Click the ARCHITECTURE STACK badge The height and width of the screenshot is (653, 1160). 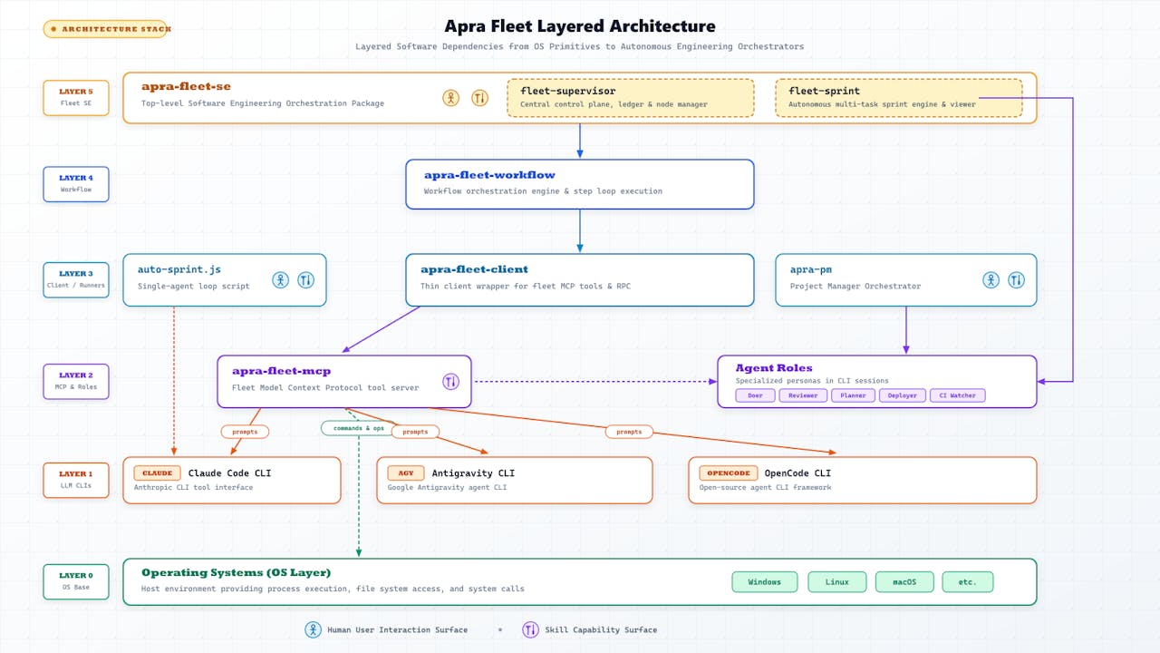pyautogui.click(x=107, y=29)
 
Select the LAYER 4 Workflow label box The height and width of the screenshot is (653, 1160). pyautogui.click(x=76, y=184)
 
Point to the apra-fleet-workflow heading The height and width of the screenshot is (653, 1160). pyautogui.click(x=489, y=175)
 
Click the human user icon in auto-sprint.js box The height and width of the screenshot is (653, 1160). pyautogui.click(x=281, y=280)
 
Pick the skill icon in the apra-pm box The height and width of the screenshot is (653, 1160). pyautogui.click(x=1016, y=280)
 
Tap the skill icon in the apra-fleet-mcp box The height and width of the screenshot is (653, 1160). pyautogui.click(x=450, y=382)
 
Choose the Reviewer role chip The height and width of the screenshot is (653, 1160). pyautogui.click(x=803, y=395)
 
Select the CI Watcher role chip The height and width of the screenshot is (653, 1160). pyautogui.click(x=957, y=395)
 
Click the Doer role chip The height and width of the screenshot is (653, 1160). pyautogui.click(x=755, y=395)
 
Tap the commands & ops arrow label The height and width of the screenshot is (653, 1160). pyautogui.click(x=358, y=428)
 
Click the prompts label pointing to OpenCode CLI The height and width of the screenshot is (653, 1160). pyautogui.click(x=629, y=432)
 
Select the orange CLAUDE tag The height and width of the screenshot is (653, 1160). pyautogui.click(x=157, y=473)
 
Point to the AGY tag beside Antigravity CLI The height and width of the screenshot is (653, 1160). pyautogui.click(x=405, y=473)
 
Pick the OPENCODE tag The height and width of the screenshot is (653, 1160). pyautogui.click(x=728, y=473)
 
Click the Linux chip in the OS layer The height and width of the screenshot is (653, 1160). pyautogui.click(x=836, y=581)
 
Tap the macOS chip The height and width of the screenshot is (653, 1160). pyautogui.click(x=904, y=581)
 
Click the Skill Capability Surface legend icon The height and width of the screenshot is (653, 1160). pyautogui.click(x=530, y=629)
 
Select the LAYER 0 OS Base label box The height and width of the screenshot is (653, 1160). pyautogui.click(x=76, y=581)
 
